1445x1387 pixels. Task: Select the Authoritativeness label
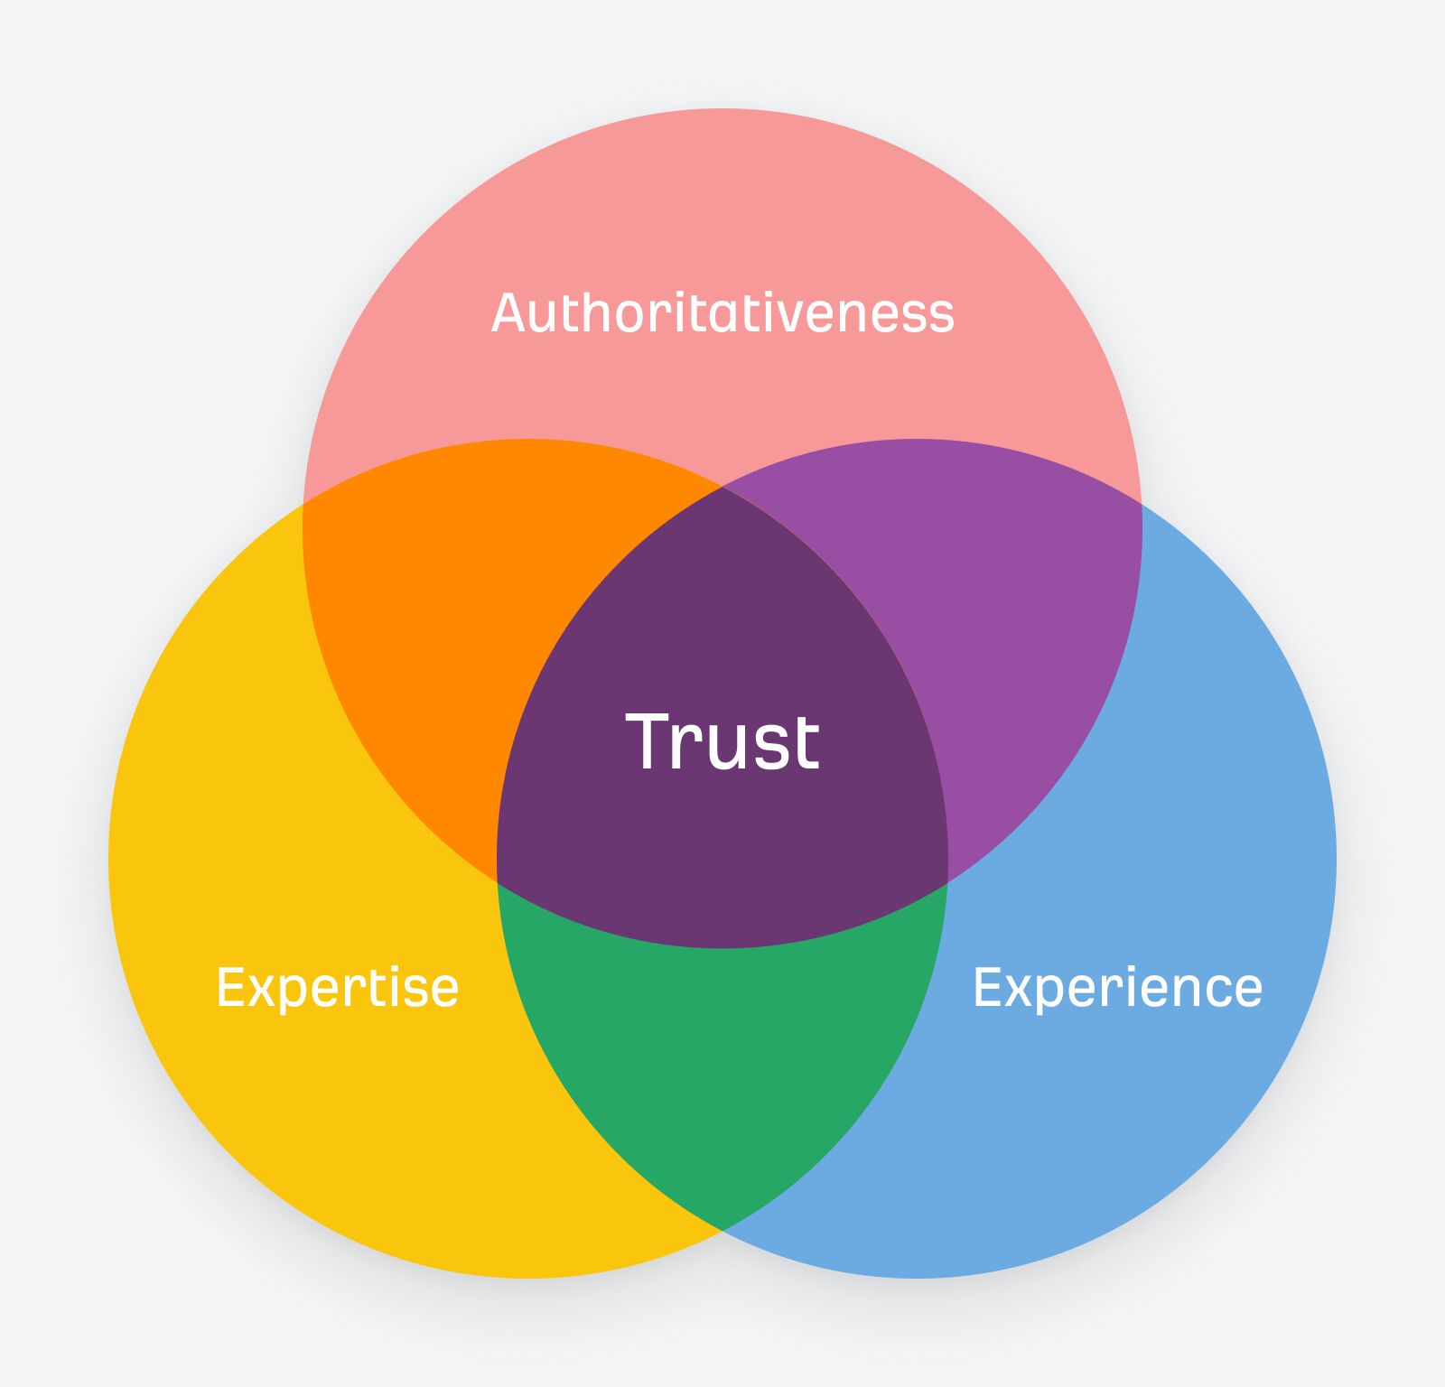click(x=722, y=313)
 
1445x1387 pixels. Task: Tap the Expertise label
click(x=337, y=987)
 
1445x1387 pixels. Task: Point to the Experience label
click(x=1117, y=987)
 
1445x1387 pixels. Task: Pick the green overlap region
click(x=722, y=1066)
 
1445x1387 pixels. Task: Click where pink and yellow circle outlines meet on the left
click(x=303, y=502)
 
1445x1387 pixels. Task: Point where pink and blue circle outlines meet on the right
click(x=1142, y=502)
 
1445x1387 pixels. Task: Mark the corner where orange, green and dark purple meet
click(x=498, y=881)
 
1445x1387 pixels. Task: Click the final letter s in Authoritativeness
click(x=940, y=316)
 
